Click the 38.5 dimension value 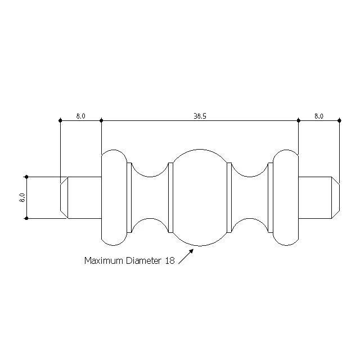click(200, 116)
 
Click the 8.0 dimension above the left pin click(81, 116)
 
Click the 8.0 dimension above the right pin click(319, 116)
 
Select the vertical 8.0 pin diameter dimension click(22, 197)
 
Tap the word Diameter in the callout click(144, 260)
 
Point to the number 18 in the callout click(170, 260)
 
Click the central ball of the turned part click(200, 197)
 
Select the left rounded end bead click(114, 197)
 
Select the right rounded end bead click(286, 197)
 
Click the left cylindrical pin click(84, 197)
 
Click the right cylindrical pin click(315, 197)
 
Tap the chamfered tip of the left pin click(64, 197)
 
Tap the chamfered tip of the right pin click(336, 197)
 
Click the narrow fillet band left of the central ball click(170, 197)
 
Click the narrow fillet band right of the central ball click(229, 197)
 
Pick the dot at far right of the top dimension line click(340, 120)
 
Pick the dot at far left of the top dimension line click(60, 120)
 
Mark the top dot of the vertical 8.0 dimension click(26, 177)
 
